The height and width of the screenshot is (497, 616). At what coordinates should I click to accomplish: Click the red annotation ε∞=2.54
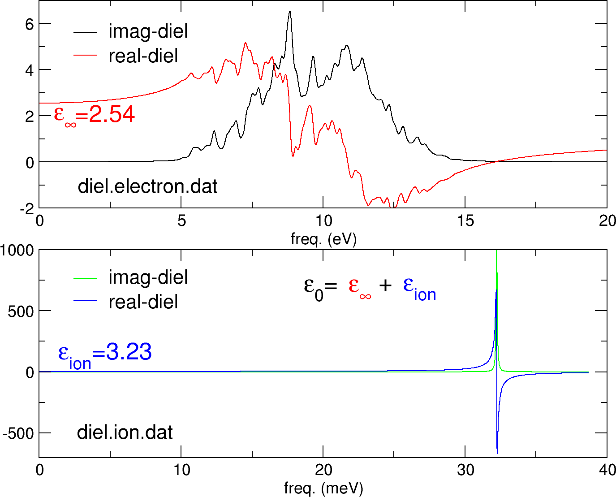point(94,115)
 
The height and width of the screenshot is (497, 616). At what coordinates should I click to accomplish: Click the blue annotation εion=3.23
point(105,353)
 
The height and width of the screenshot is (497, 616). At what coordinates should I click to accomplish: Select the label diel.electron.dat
point(147,186)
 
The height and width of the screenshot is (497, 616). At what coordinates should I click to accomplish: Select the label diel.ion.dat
point(125,432)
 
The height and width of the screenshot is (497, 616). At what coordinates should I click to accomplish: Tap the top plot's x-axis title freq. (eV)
point(323,239)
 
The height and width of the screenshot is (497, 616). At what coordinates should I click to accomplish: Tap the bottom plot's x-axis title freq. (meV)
point(323,488)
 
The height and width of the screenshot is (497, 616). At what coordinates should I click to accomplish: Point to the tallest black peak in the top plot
point(290,13)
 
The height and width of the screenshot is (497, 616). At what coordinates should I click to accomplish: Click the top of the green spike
point(496,252)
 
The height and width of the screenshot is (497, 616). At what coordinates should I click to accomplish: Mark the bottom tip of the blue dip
point(497,453)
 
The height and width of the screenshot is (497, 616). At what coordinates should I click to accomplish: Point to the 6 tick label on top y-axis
point(30,24)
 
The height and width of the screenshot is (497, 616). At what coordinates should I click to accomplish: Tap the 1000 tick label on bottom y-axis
point(17,251)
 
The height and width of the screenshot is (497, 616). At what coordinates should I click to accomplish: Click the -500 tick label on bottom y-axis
point(18,434)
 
